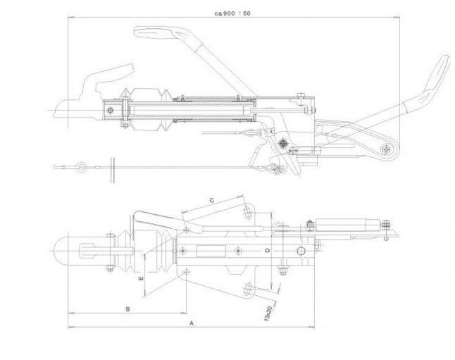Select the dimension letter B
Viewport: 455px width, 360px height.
127,309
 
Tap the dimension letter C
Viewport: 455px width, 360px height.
211,200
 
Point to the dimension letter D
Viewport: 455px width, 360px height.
267,251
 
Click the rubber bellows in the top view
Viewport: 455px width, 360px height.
151,250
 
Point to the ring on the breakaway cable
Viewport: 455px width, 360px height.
83,166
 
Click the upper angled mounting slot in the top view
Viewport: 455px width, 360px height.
246,212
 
